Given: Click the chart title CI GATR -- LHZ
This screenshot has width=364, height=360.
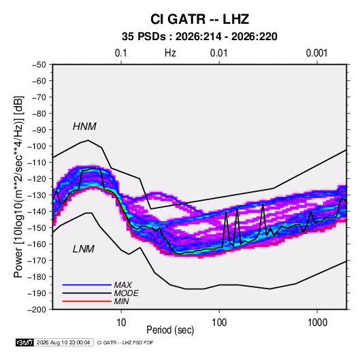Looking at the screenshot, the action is (x=199, y=19).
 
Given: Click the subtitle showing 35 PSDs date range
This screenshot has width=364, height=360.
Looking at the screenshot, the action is (x=199, y=37).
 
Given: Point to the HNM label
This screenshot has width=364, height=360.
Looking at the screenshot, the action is (x=84, y=127).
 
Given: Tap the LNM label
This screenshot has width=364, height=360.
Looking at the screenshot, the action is (x=84, y=249).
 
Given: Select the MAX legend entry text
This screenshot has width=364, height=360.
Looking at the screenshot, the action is (x=122, y=285).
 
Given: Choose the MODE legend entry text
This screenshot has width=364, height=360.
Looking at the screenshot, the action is (x=127, y=293).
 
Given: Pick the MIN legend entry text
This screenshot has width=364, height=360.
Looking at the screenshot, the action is (x=121, y=301).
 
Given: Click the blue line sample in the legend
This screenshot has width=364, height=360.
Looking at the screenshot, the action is (x=87, y=285).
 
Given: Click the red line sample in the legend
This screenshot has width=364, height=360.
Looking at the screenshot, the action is (x=87, y=301).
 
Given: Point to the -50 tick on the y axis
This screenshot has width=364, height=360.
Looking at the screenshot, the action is (x=39, y=65).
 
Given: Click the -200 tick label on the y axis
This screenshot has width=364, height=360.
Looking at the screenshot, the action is (x=37, y=310).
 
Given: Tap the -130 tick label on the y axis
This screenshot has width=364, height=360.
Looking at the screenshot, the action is (x=37, y=195).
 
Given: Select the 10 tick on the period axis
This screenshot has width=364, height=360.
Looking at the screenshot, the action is (x=121, y=323).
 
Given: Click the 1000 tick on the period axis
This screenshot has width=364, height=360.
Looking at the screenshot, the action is (x=317, y=323).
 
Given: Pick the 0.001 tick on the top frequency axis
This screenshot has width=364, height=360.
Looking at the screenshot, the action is (x=316, y=53).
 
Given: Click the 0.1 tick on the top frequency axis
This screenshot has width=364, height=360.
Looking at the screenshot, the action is (x=121, y=53).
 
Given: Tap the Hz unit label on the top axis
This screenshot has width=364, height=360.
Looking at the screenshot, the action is (x=170, y=53).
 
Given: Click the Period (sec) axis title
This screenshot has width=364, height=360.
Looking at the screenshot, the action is (x=170, y=330).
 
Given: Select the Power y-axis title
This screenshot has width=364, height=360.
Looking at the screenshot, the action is (x=18, y=187).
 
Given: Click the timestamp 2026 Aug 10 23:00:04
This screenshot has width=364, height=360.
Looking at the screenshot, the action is (x=63, y=342).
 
